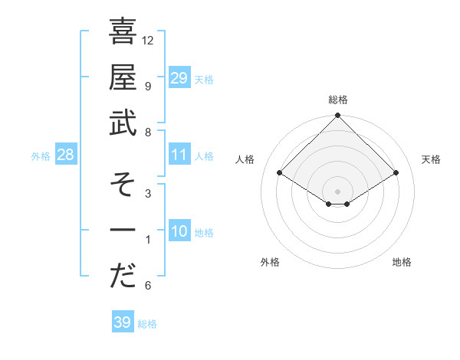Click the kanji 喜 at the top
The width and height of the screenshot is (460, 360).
pyautogui.click(x=123, y=33)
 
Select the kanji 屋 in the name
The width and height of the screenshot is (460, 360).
pyautogui.click(x=123, y=79)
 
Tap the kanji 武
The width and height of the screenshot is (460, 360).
pyautogui.click(x=123, y=124)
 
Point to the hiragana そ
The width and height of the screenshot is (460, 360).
pyautogui.click(x=123, y=185)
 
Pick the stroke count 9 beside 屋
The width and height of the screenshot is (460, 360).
pyautogui.click(x=148, y=86)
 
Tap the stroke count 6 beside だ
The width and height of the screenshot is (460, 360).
pyautogui.click(x=148, y=286)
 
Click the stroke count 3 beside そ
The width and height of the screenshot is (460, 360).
pyautogui.click(x=148, y=193)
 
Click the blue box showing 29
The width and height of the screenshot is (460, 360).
pyautogui.click(x=179, y=78)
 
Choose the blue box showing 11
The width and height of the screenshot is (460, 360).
pyautogui.click(x=179, y=155)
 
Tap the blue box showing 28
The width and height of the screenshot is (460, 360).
pyautogui.click(x=65, y=155)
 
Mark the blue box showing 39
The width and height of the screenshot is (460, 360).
pyautogui.click(x=122, y=322)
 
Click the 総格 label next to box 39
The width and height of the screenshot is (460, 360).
pyautogui.click(x=148, y=324)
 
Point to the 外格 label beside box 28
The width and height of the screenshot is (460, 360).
pyautogui.click(x=41, y=156)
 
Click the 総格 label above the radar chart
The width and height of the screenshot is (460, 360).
pyautogui.click(x=337, y=100)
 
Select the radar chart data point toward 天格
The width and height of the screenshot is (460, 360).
pyautogui.click(x=396, y=173)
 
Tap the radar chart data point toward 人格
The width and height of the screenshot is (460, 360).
pyautogui.click(x=280, y=173)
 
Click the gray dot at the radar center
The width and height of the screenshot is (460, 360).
pyautogui.click(x=337, y=191)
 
